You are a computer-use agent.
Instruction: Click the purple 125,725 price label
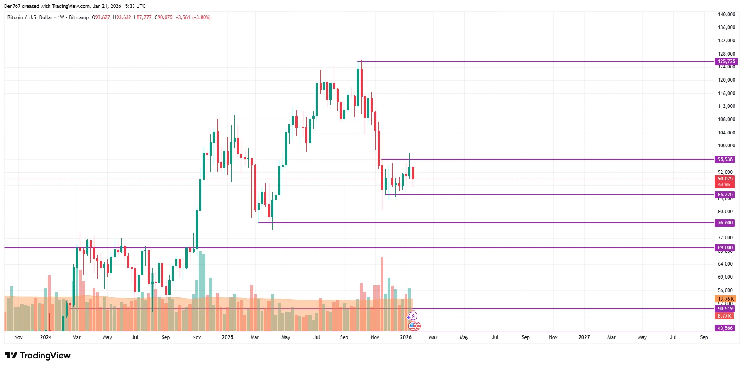click(726, 61)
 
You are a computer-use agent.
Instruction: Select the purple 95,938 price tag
click(725, 159)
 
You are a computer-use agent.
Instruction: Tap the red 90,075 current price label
click(725, 179)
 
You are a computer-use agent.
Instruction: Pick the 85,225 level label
click(725, 195)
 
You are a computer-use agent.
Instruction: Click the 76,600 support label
click(725, 223)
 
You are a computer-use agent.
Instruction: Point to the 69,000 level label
click(725, 248)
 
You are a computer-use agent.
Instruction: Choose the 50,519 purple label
click(725, 309)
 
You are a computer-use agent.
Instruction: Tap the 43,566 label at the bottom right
click(725, 328)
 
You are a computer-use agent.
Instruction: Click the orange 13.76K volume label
click(725, 299)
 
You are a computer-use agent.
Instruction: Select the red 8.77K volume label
click(724, 316)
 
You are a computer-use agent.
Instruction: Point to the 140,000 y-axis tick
click(726, 15)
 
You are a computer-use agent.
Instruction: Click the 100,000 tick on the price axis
click(726, 146)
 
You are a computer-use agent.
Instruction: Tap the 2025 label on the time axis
click(227, 337)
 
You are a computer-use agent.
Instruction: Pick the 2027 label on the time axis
click(584, 337)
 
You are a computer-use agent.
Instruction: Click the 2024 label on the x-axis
click(46, 337)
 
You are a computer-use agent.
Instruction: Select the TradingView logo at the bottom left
click(38, 356)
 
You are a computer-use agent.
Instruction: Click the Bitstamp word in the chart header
click(79, 17)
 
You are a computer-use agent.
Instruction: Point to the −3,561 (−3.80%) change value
click(193, 17)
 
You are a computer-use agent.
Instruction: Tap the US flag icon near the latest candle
click(414, 326)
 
